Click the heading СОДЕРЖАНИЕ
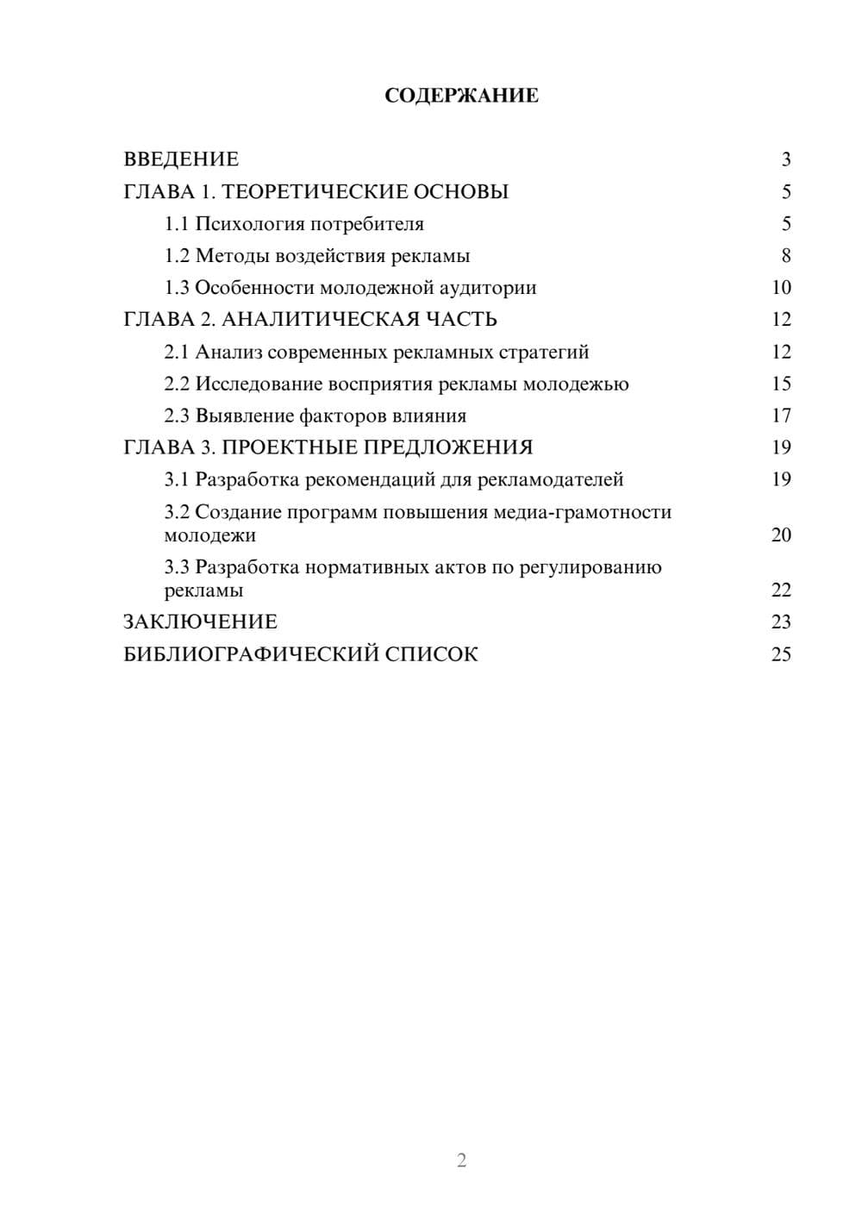point(461,96)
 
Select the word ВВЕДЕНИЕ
point(181,159)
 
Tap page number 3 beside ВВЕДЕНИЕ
point(785,159)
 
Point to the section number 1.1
point(176,224)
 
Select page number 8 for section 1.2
point(785,256)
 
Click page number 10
point(780,288)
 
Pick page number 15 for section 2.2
point(780,384)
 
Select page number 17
point(780,416)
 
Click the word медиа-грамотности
point(582,512)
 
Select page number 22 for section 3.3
point(780,591)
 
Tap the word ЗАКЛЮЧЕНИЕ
point(200,622)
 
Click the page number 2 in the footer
point(461,1160)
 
